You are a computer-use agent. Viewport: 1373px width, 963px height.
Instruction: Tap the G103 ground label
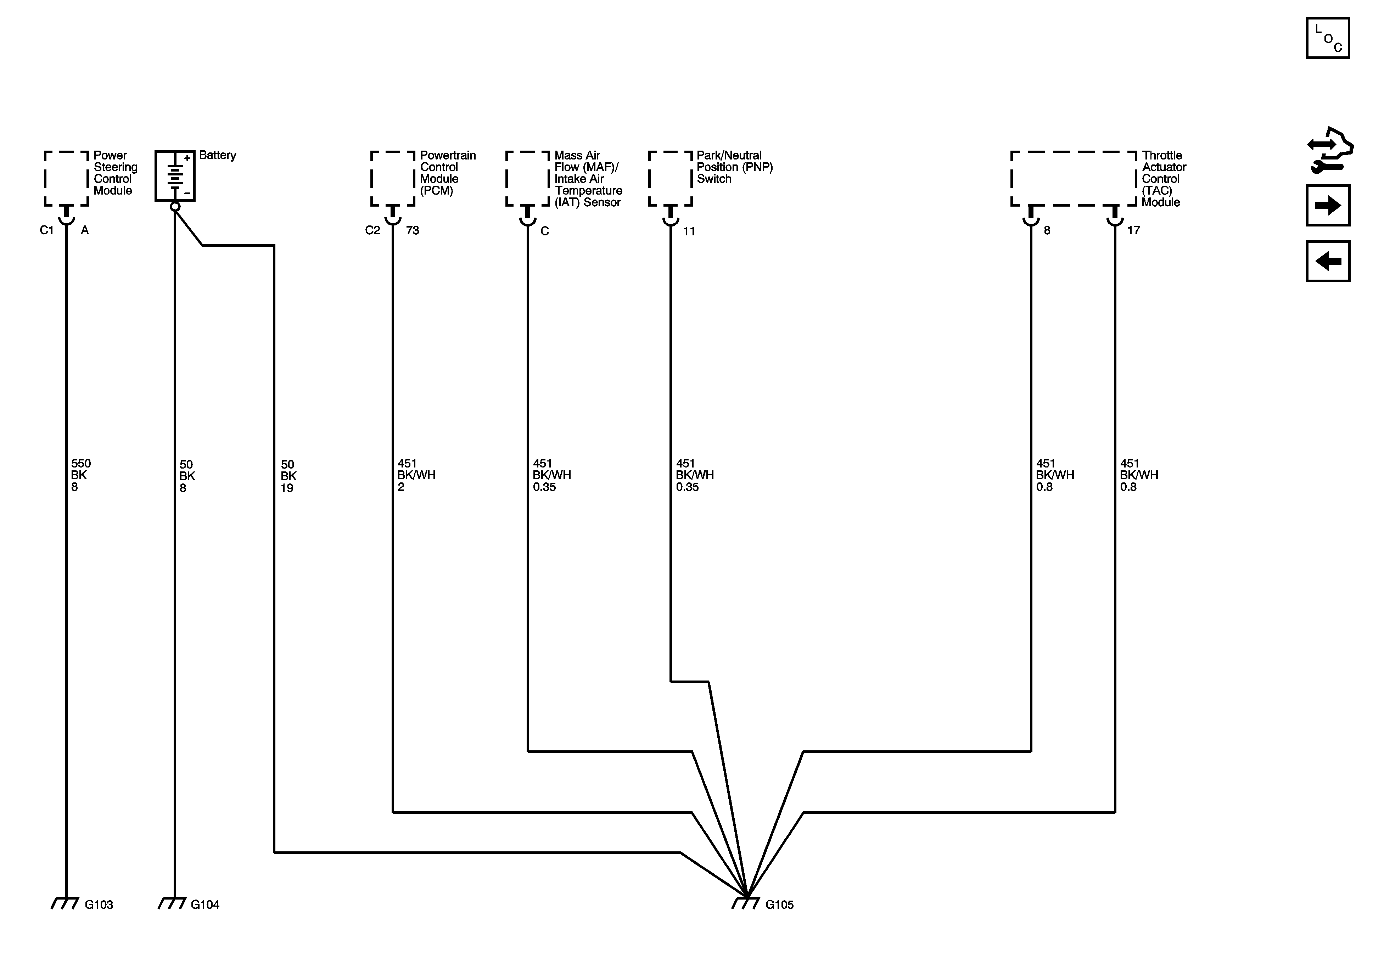(x=99, y=905)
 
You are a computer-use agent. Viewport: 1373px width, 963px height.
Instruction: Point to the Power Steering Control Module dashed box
(x=66, y=178)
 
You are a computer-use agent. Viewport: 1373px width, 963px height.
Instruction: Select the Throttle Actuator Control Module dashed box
(x=1074, y=178)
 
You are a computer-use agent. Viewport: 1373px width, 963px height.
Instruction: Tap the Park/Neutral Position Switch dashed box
(x=670, y=178)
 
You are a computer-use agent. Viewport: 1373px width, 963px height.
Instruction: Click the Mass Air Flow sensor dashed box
(x=527, y=178)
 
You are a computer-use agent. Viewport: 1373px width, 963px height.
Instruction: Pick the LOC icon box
(x=1328, y=38)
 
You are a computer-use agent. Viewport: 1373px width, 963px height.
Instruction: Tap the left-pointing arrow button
(x=1328, y=261)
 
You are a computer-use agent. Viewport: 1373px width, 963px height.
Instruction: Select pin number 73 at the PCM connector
(x=413, y=230)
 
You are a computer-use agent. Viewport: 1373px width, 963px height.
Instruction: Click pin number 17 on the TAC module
(x=1133, y=230)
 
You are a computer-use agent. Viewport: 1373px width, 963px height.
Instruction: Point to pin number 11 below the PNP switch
(x=689, y=231)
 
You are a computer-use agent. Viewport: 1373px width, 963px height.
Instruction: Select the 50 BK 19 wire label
(x=288, y=476)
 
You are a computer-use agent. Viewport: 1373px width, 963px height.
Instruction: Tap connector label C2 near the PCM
(x=372, y=230)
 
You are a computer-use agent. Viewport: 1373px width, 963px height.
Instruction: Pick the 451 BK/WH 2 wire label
(x=416, y=475)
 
